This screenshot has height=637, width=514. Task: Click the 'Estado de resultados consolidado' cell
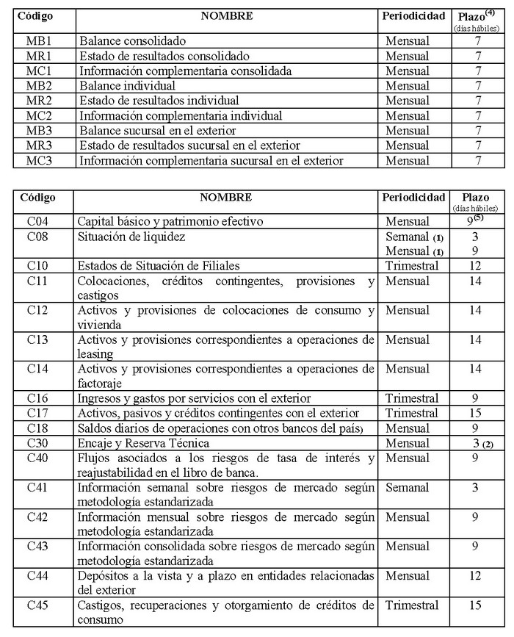[164, 57]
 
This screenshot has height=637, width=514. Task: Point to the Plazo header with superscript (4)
[478, 15]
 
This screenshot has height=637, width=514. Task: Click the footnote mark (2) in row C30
[487, 444]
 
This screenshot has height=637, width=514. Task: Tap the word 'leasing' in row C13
[99, 353]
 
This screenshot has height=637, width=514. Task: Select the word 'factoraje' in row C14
[103, 383]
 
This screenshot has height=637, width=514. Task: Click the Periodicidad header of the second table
[413, 198]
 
